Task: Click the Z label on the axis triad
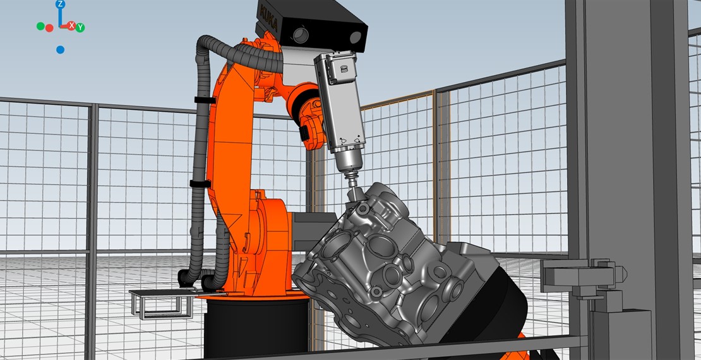tap(61, 4)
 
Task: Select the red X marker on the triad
tap(71, 26)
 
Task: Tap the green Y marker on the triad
tap(80, 28)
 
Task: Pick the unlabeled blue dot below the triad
tap(61, 50)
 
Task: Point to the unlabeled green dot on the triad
tap(40, 27)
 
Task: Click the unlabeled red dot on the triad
tap(49, 28)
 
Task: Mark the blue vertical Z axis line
tap(60, 18)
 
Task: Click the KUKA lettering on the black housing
tap(269, 19)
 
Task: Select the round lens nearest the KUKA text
tap(301, 35)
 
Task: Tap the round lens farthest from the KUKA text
tap(356, 37)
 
